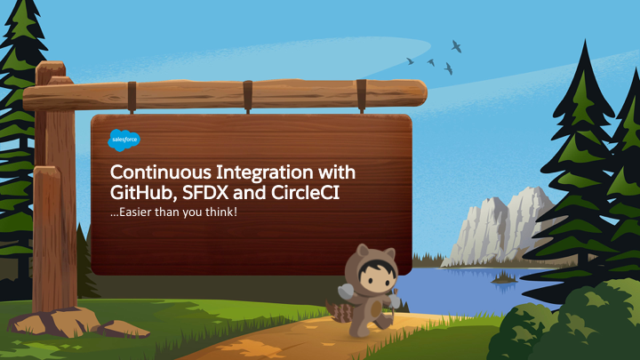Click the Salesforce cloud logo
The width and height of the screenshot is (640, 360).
click(x=124, y=140)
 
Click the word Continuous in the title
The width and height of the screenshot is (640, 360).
click(x=160, y=172)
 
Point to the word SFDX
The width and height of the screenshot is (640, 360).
click(x=205, y=193)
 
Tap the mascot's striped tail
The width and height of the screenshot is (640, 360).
click(x=339, y=311)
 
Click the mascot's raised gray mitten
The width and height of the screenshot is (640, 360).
click(x=346, y=291)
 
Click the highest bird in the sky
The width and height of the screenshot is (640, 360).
click(x=456, y=46)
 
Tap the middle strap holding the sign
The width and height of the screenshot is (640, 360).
click(x=247, y=97)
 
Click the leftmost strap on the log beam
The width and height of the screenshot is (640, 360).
click(x=132, y=97)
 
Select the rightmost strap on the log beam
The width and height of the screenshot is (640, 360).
click(x=361, y=96)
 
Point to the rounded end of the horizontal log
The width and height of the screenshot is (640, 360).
click(x=420, y=93)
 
